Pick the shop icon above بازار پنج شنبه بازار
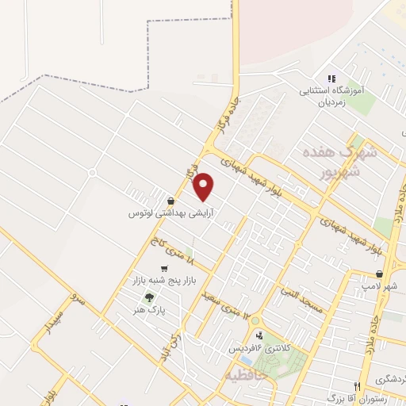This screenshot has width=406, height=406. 164,270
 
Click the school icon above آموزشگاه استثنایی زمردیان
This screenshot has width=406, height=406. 331,79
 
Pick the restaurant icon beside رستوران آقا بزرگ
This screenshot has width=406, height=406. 358,387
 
